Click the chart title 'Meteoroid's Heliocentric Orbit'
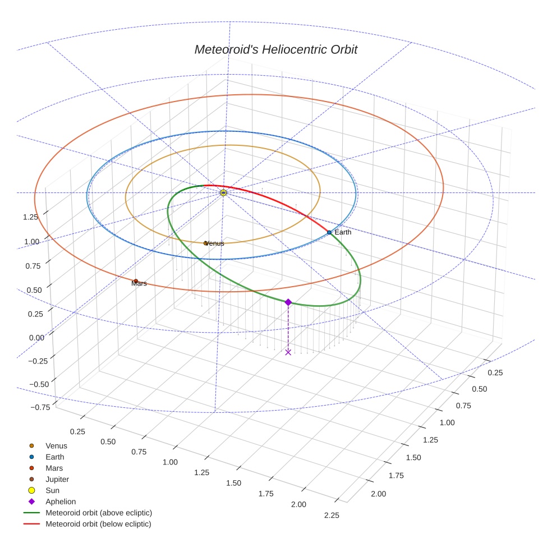point(275,49)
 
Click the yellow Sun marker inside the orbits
point(223,192)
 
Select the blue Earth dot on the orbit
point(329,232)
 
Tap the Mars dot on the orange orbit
point(136,281)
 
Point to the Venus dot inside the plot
point(206,243)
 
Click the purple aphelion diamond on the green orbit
point(288,302)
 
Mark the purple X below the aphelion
point(288,352)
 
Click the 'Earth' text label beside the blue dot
point(343,232)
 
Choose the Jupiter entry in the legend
point(57,479)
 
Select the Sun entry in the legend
point(53,490)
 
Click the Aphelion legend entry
point(60,502)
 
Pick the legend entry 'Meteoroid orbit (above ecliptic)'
point(98,513)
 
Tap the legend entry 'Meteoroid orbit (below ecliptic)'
point(98,524)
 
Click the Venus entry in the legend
point(56,445)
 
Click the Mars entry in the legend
point(54,468)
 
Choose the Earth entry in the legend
point(54,457)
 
